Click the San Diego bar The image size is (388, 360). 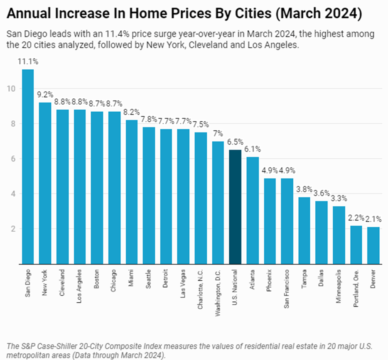[28, 166]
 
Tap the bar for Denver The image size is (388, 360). [373, 245]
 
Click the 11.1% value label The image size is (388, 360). [28, 62]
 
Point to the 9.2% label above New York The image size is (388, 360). [45, 95]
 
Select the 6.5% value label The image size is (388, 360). [235, 142]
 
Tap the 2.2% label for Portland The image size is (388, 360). [356, 218]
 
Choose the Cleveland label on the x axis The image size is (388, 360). [62, 282]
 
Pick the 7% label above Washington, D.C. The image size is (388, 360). [218, 133]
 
